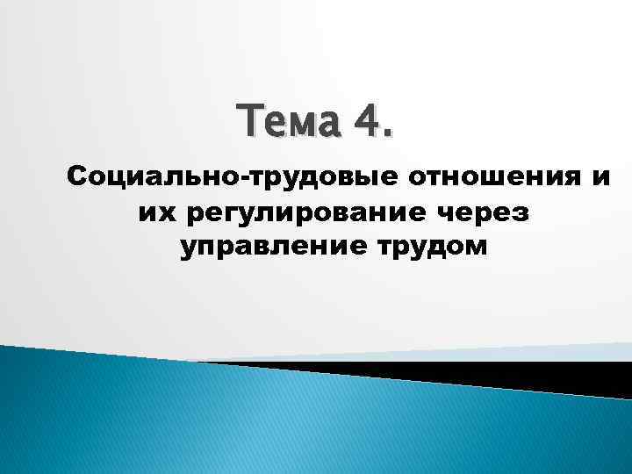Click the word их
point(154,214)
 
